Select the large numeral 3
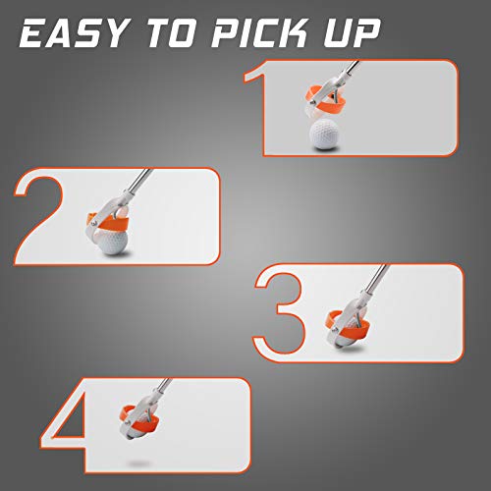[x=283, y=312]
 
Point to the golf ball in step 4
[x=143, y=428]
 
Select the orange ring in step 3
[x=349, y=321]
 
